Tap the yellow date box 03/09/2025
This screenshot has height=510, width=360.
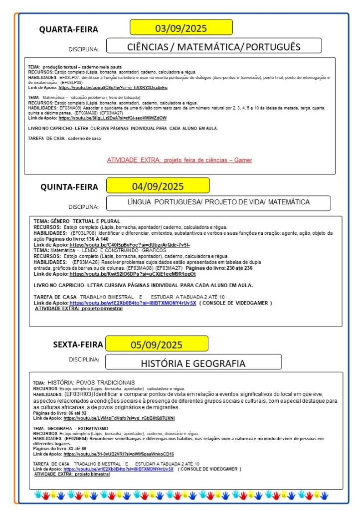click(181, 27)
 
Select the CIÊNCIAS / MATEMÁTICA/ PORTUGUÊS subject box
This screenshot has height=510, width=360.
click(214, 47)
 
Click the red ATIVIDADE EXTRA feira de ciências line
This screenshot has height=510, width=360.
click(180, 160)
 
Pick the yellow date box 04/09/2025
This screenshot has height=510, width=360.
click(158, 186)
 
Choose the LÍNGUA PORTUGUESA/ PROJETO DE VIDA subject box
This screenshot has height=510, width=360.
click(218, 202)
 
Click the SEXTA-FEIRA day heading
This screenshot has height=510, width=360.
click(78, 344)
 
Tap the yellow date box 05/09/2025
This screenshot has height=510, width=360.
click(157, 344)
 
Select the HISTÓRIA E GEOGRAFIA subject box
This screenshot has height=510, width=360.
click(193, 363)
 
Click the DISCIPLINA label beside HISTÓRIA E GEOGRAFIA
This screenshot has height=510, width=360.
click(83, 359)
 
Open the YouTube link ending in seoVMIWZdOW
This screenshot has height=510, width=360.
click(112, 118)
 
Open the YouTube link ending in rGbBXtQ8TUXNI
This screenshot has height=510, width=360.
click(119, 418)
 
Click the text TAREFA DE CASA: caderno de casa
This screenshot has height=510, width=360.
click(64, 138)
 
